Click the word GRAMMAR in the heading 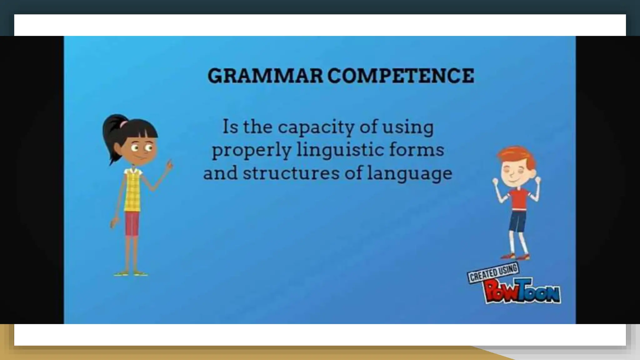(x=265, y=76)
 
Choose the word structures (x=291, y=173)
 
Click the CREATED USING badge (x=492, y=273)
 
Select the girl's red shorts (x=132, y=223)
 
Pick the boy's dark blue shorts (x=518, y=221)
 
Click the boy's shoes (x=516, y=257)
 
